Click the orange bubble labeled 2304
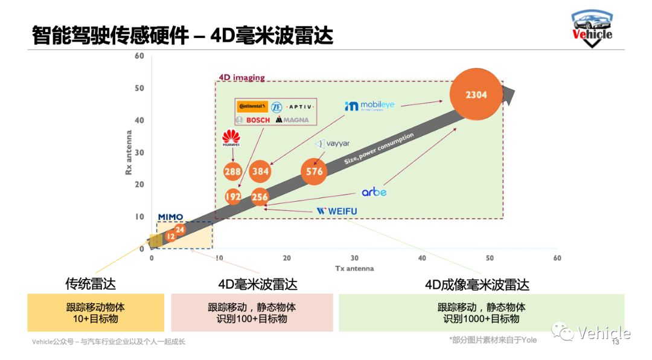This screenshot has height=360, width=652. (476, 95)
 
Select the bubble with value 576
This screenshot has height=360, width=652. (315, 171)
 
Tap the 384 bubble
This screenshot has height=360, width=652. (260, 172)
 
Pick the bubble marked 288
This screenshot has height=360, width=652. (232, 172)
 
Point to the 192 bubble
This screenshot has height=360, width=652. (233, 197)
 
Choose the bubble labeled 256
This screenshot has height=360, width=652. (260, 197)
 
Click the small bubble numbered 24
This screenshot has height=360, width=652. (180, 230)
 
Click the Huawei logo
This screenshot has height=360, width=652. (231, 138)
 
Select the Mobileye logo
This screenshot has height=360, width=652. (369, 106)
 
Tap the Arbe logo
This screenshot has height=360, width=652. (374, 192)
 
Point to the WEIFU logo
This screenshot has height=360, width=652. (337, 211)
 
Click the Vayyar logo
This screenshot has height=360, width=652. (333, 144)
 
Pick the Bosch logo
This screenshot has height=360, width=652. (252, 120)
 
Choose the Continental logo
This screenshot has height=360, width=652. (252, 107)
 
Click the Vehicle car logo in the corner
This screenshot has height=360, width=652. (592, 27)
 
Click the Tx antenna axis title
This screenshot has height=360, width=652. (354, 268)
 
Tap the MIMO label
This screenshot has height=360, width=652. (170, 217)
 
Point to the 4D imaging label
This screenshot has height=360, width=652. (241, 78)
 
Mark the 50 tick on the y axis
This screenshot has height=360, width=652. (139, 88)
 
